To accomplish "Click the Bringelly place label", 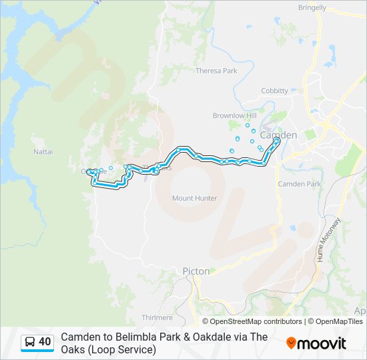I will [x=313, y=8].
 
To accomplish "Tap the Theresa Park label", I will [x=216, y=71].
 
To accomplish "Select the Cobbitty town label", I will [x=274, y=91].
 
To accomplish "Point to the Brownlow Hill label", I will [x=230, y=115].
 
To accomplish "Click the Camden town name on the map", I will [x=278, y=135].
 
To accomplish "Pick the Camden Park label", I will [x=300, y=184].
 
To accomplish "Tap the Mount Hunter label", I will [x=195, y=198].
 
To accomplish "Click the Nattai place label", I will [x=43, y=152].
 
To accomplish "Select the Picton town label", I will [x=196, y=271].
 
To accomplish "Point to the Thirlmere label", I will [x=157, y=317].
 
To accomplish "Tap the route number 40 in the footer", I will [x=45, y=342].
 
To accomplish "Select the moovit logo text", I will [x=322, y=343].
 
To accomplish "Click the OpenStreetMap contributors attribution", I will [x=256, y=321].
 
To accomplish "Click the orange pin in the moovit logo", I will [x=291, y=343].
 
